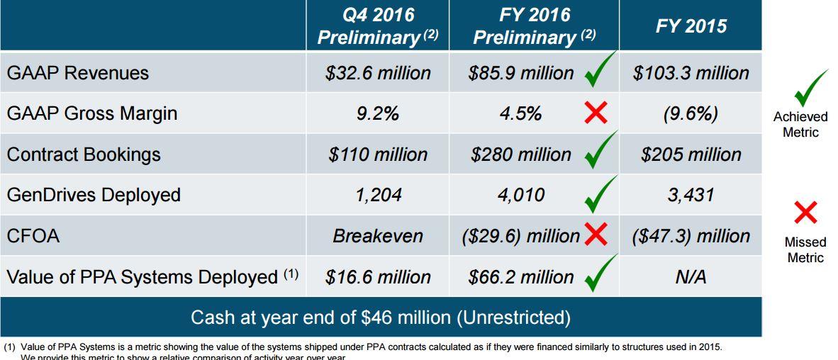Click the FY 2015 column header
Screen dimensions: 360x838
(691, 26)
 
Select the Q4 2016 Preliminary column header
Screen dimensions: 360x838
(377, 26)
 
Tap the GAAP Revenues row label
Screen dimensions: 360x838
(78, 73)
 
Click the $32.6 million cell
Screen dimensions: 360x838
(377, 73)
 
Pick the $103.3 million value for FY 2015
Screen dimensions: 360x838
(691, 73)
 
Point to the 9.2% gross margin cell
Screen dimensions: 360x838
(377, 113)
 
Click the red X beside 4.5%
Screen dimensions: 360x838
(596, 113)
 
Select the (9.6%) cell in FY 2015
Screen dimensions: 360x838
(691, 113)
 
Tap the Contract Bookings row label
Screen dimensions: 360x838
(84, 154)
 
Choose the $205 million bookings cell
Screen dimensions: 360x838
(691, 154)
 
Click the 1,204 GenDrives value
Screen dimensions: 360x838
(377, 195)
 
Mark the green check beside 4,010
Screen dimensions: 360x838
(600, 193)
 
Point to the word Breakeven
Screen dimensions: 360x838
(377, 236)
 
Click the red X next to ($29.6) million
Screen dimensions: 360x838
(596, 235)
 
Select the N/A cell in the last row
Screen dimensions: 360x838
(691, 276)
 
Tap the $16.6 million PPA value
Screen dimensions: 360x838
(377, 276)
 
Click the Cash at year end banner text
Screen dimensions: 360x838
(381, 317)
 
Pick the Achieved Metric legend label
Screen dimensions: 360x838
(800, 124)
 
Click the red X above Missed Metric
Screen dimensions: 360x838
(805, 212)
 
